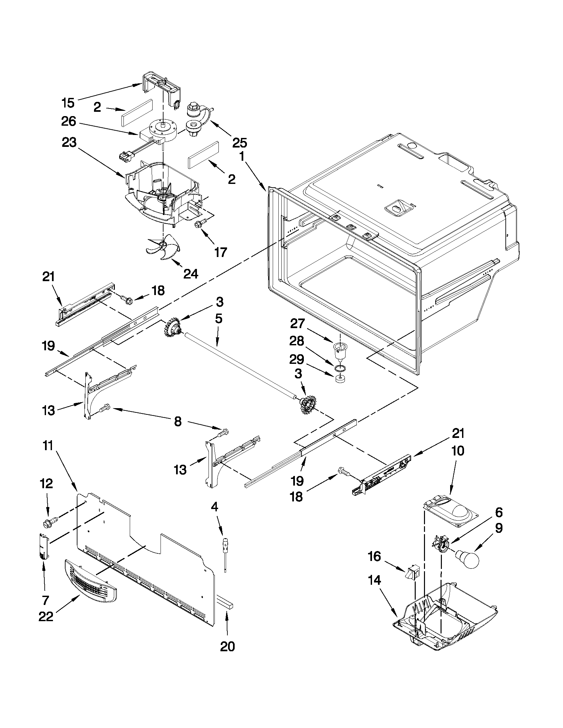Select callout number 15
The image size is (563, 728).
pos(68,103)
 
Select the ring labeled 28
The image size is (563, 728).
pos(340,368)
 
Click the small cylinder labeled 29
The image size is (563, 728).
pos(340,380)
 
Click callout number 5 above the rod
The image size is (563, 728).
pos(218,319)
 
